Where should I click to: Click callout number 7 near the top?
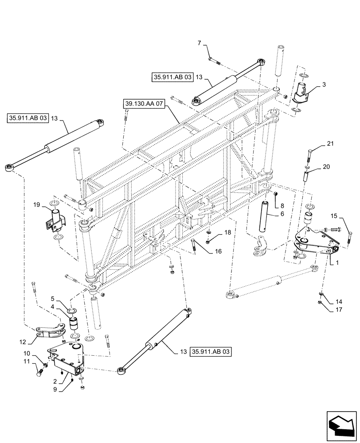pyautogui.click(x=200, y=43)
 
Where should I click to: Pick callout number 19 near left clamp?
pyautogui.click(x=37, y=205)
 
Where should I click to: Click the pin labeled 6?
pyautogui.click(x=265, y=215)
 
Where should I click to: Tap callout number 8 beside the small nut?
pyautogui.click(x=282, y=206)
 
